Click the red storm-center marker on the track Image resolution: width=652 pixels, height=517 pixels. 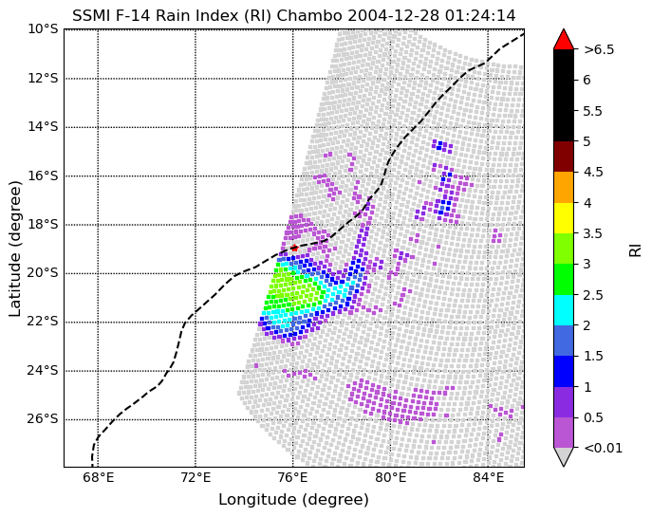[x=294, y=248]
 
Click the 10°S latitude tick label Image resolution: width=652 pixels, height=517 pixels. [x=43, y=29]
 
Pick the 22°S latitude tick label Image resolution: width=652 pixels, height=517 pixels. [x=43, y=322]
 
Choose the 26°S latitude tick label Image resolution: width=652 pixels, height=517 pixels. [x=43, y=418]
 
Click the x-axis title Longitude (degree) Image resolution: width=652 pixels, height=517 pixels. [x=293, y=500]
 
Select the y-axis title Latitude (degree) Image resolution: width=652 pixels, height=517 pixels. [x=16, y=249]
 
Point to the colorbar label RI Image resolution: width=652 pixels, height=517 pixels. [x=635, y=249]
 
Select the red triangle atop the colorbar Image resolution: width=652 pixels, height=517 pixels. [x=563, y=39]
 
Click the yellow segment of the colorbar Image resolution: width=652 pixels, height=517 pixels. [x=563, y=217]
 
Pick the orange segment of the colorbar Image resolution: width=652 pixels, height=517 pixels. [x=563, y=187]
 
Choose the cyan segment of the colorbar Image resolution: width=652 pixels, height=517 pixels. [x=563, y=308]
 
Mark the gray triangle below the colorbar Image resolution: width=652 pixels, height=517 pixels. [x=563, y=455]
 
